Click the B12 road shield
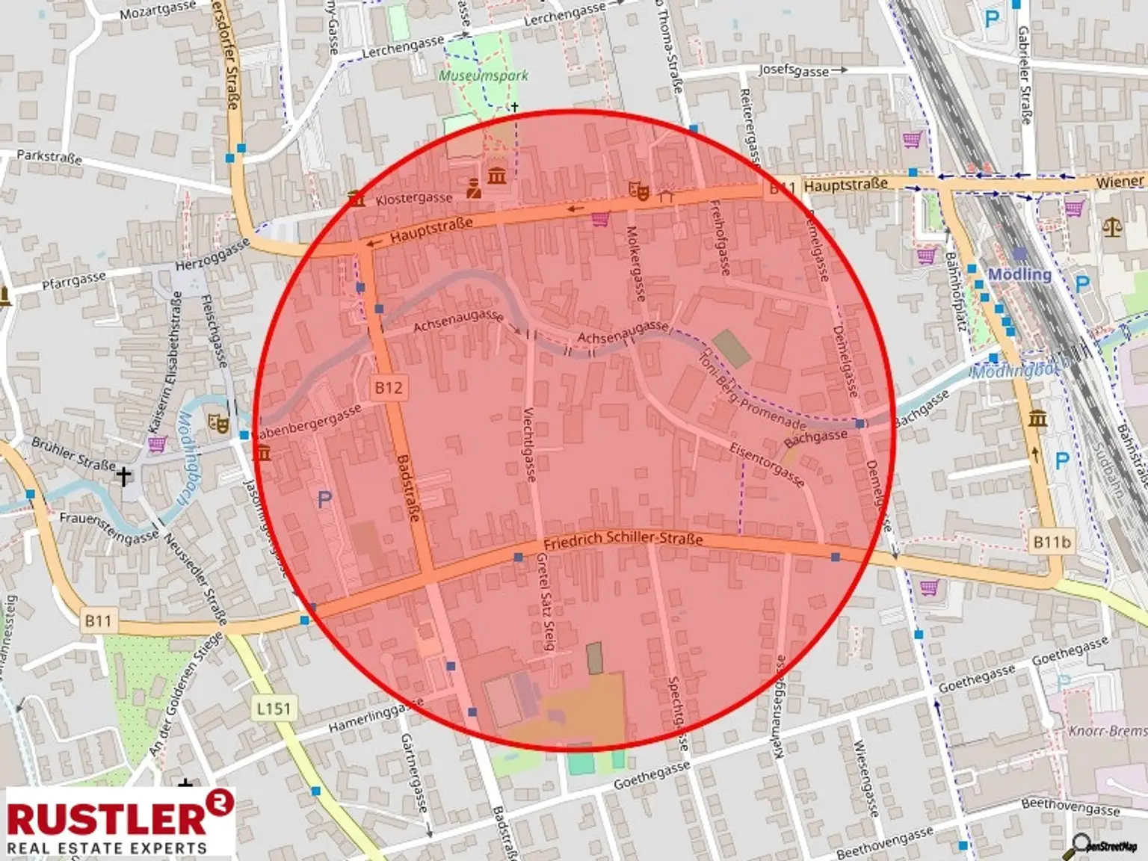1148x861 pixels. click(x=388, y=387)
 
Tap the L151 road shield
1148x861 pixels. click(x=273, y=708)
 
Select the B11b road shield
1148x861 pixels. click(x=1052, y=542)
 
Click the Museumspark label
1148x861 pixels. click(x=483, y=75)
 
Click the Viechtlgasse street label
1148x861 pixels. click(x=529, y=444)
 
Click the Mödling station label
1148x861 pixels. click(x=1019, y=274)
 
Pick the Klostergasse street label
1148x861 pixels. click(x=413, y=198)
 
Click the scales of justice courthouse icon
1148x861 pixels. click(x=1111, y=226)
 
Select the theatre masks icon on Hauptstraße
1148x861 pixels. click(x=640, y=191)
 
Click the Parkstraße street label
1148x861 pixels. click(x=49, y=157)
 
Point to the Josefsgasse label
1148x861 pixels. click(x=794, y=70)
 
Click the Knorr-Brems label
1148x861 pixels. click(x=1108, y=730)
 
